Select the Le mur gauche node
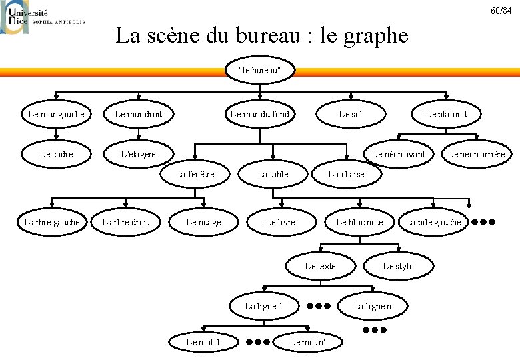click(x=56, y=114)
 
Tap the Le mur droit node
click(x=139, y=114)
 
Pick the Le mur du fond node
click(x=259, y=114)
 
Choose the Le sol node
click(x=351, y=114)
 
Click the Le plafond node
click(x=446, y=114)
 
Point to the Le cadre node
click(x=56, y=155)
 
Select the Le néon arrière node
click(x=476, y=155)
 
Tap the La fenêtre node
click(x=195, y=174)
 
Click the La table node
click(x=273, y=174)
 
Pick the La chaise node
click(x=346, y=174)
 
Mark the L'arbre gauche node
click(x=51, y=222)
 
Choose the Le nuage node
click(x=203, y=222)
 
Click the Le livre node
click(x=280, y=222)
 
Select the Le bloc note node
click(x=359, y=222)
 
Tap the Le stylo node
click(x=398, y=266)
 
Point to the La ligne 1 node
click(x=264, y=306)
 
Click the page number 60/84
click(x=501, y=11)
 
